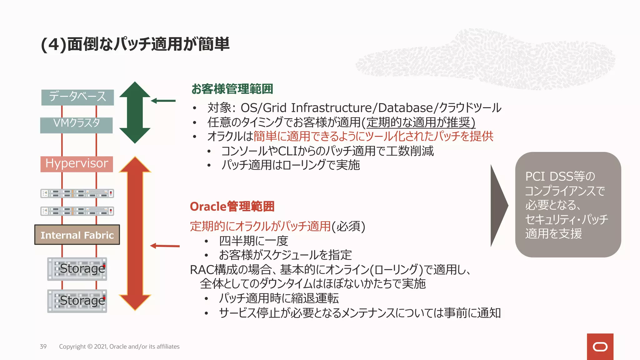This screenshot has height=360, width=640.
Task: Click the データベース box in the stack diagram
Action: coord(77,97)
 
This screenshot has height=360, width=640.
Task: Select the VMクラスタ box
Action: coord(77,125)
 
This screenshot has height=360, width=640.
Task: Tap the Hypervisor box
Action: coord(77,164)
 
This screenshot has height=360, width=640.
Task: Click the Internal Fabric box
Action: coord(77,235)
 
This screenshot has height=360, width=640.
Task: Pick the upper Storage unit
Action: coord(77,269)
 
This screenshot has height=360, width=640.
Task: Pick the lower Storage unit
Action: coord(77,301)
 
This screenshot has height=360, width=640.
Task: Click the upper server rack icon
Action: coord(77,193)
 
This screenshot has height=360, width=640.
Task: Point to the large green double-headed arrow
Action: coord(135,112)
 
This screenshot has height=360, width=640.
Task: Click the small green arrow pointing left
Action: coord(163,101)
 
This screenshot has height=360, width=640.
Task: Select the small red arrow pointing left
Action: coord(165,246)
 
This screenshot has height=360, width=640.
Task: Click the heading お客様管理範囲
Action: coord(232,89)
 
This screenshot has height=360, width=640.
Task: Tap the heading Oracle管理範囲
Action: coord(232,207)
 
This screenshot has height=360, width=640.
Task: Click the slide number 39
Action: coord(43,347)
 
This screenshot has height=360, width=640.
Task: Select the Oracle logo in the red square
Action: coord(600,347)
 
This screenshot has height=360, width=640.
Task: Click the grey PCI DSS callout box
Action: coord(568,205)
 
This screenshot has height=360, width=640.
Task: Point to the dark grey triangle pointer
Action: coord(499,205)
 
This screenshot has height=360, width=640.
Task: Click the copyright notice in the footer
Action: coord(119,347)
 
